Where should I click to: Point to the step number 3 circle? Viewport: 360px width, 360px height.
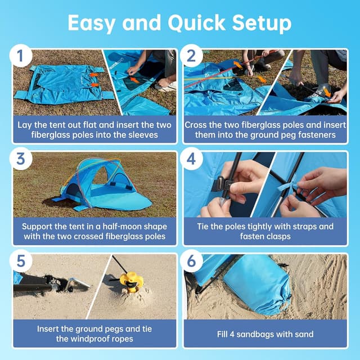pos(21,159)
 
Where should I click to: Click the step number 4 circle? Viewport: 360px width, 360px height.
pos(192,159)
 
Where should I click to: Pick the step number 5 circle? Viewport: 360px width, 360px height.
pos(21,261)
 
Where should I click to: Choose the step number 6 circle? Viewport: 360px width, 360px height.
pos(192,261)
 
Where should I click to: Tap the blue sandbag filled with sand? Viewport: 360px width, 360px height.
pos(258,285)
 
